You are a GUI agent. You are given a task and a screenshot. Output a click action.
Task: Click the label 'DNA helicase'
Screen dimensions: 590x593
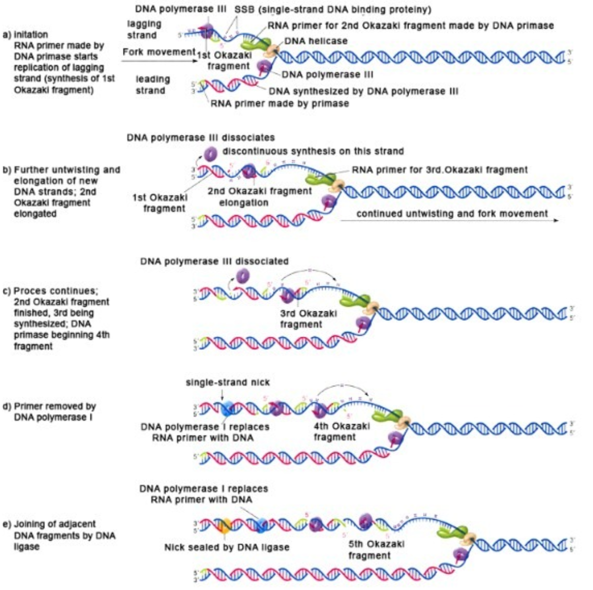click(315, 41)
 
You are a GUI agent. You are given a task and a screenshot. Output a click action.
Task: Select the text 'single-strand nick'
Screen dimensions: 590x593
click(227, 382)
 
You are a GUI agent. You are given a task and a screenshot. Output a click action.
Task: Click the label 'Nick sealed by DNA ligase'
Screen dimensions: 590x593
click(227, 547)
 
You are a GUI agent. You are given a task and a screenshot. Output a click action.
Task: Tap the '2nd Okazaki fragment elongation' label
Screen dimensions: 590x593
click(259, 197)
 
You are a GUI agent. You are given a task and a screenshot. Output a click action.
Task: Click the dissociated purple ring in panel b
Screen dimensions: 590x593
click(210, 153)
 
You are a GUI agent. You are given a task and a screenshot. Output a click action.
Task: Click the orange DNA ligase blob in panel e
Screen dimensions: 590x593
click(225, 525)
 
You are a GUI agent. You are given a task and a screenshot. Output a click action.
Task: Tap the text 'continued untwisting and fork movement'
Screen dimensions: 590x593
click(452, 213)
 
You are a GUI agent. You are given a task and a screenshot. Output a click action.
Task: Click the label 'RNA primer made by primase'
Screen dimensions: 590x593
click(279, 103)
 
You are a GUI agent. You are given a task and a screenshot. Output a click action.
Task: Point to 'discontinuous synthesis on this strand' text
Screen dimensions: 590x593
click(313, 151)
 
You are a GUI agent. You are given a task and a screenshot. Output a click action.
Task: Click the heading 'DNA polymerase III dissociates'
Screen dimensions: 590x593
click(200, 137)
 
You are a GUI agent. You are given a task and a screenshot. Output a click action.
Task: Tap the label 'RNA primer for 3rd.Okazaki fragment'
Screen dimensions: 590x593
click(439, 170)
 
